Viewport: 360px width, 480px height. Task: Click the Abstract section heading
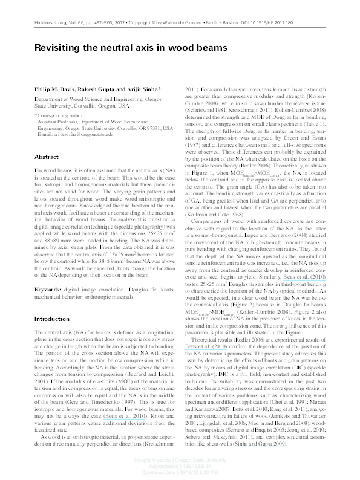46,156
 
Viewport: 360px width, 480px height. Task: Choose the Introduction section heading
53,319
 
